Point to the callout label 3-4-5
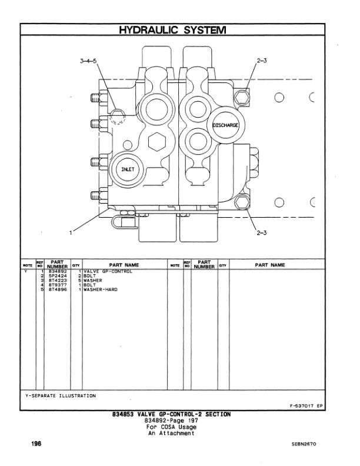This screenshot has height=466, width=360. pos(89,61)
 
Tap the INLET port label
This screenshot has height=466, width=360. pos(128,169)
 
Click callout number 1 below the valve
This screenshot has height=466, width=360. pos(72,232)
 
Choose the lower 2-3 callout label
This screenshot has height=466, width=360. pos(262,233)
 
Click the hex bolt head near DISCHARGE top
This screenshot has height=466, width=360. pos(239,95)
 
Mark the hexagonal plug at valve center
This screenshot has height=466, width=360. pos(157,142)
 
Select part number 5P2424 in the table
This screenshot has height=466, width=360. pos(58,276)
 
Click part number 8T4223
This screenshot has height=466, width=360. pos(58,281)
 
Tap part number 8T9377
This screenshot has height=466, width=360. pos(58,285)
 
